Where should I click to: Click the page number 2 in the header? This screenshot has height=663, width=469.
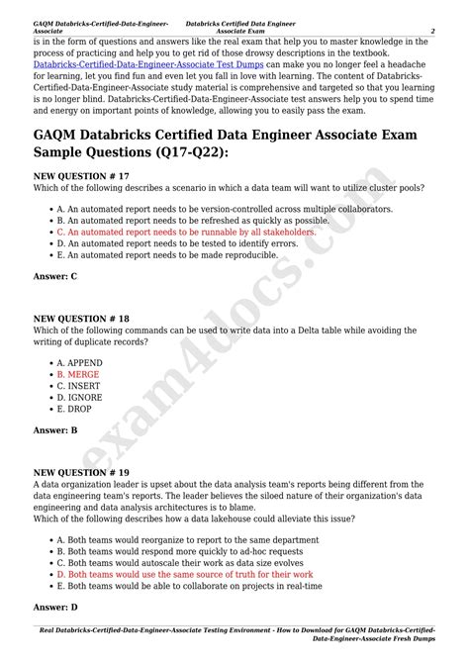432,31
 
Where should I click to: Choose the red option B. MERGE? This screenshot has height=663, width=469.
78,375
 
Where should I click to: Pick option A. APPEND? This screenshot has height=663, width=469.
79,363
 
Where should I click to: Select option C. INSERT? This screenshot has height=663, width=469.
79,386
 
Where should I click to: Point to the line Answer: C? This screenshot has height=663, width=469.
55,276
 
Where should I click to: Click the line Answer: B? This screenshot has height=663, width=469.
55,430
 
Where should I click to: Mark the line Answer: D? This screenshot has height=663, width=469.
55,606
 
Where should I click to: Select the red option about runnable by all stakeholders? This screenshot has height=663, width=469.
186,232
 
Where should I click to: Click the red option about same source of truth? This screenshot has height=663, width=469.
184,574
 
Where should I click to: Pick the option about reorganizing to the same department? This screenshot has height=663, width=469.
174,540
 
